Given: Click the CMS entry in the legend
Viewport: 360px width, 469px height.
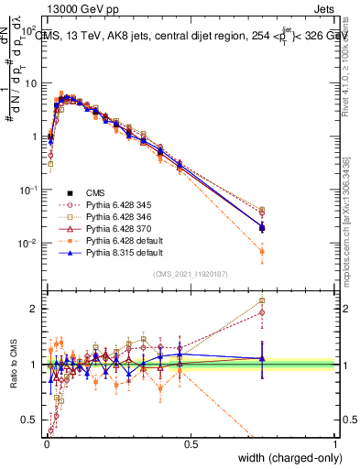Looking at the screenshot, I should pyautogui.click(x=95, y=192).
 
